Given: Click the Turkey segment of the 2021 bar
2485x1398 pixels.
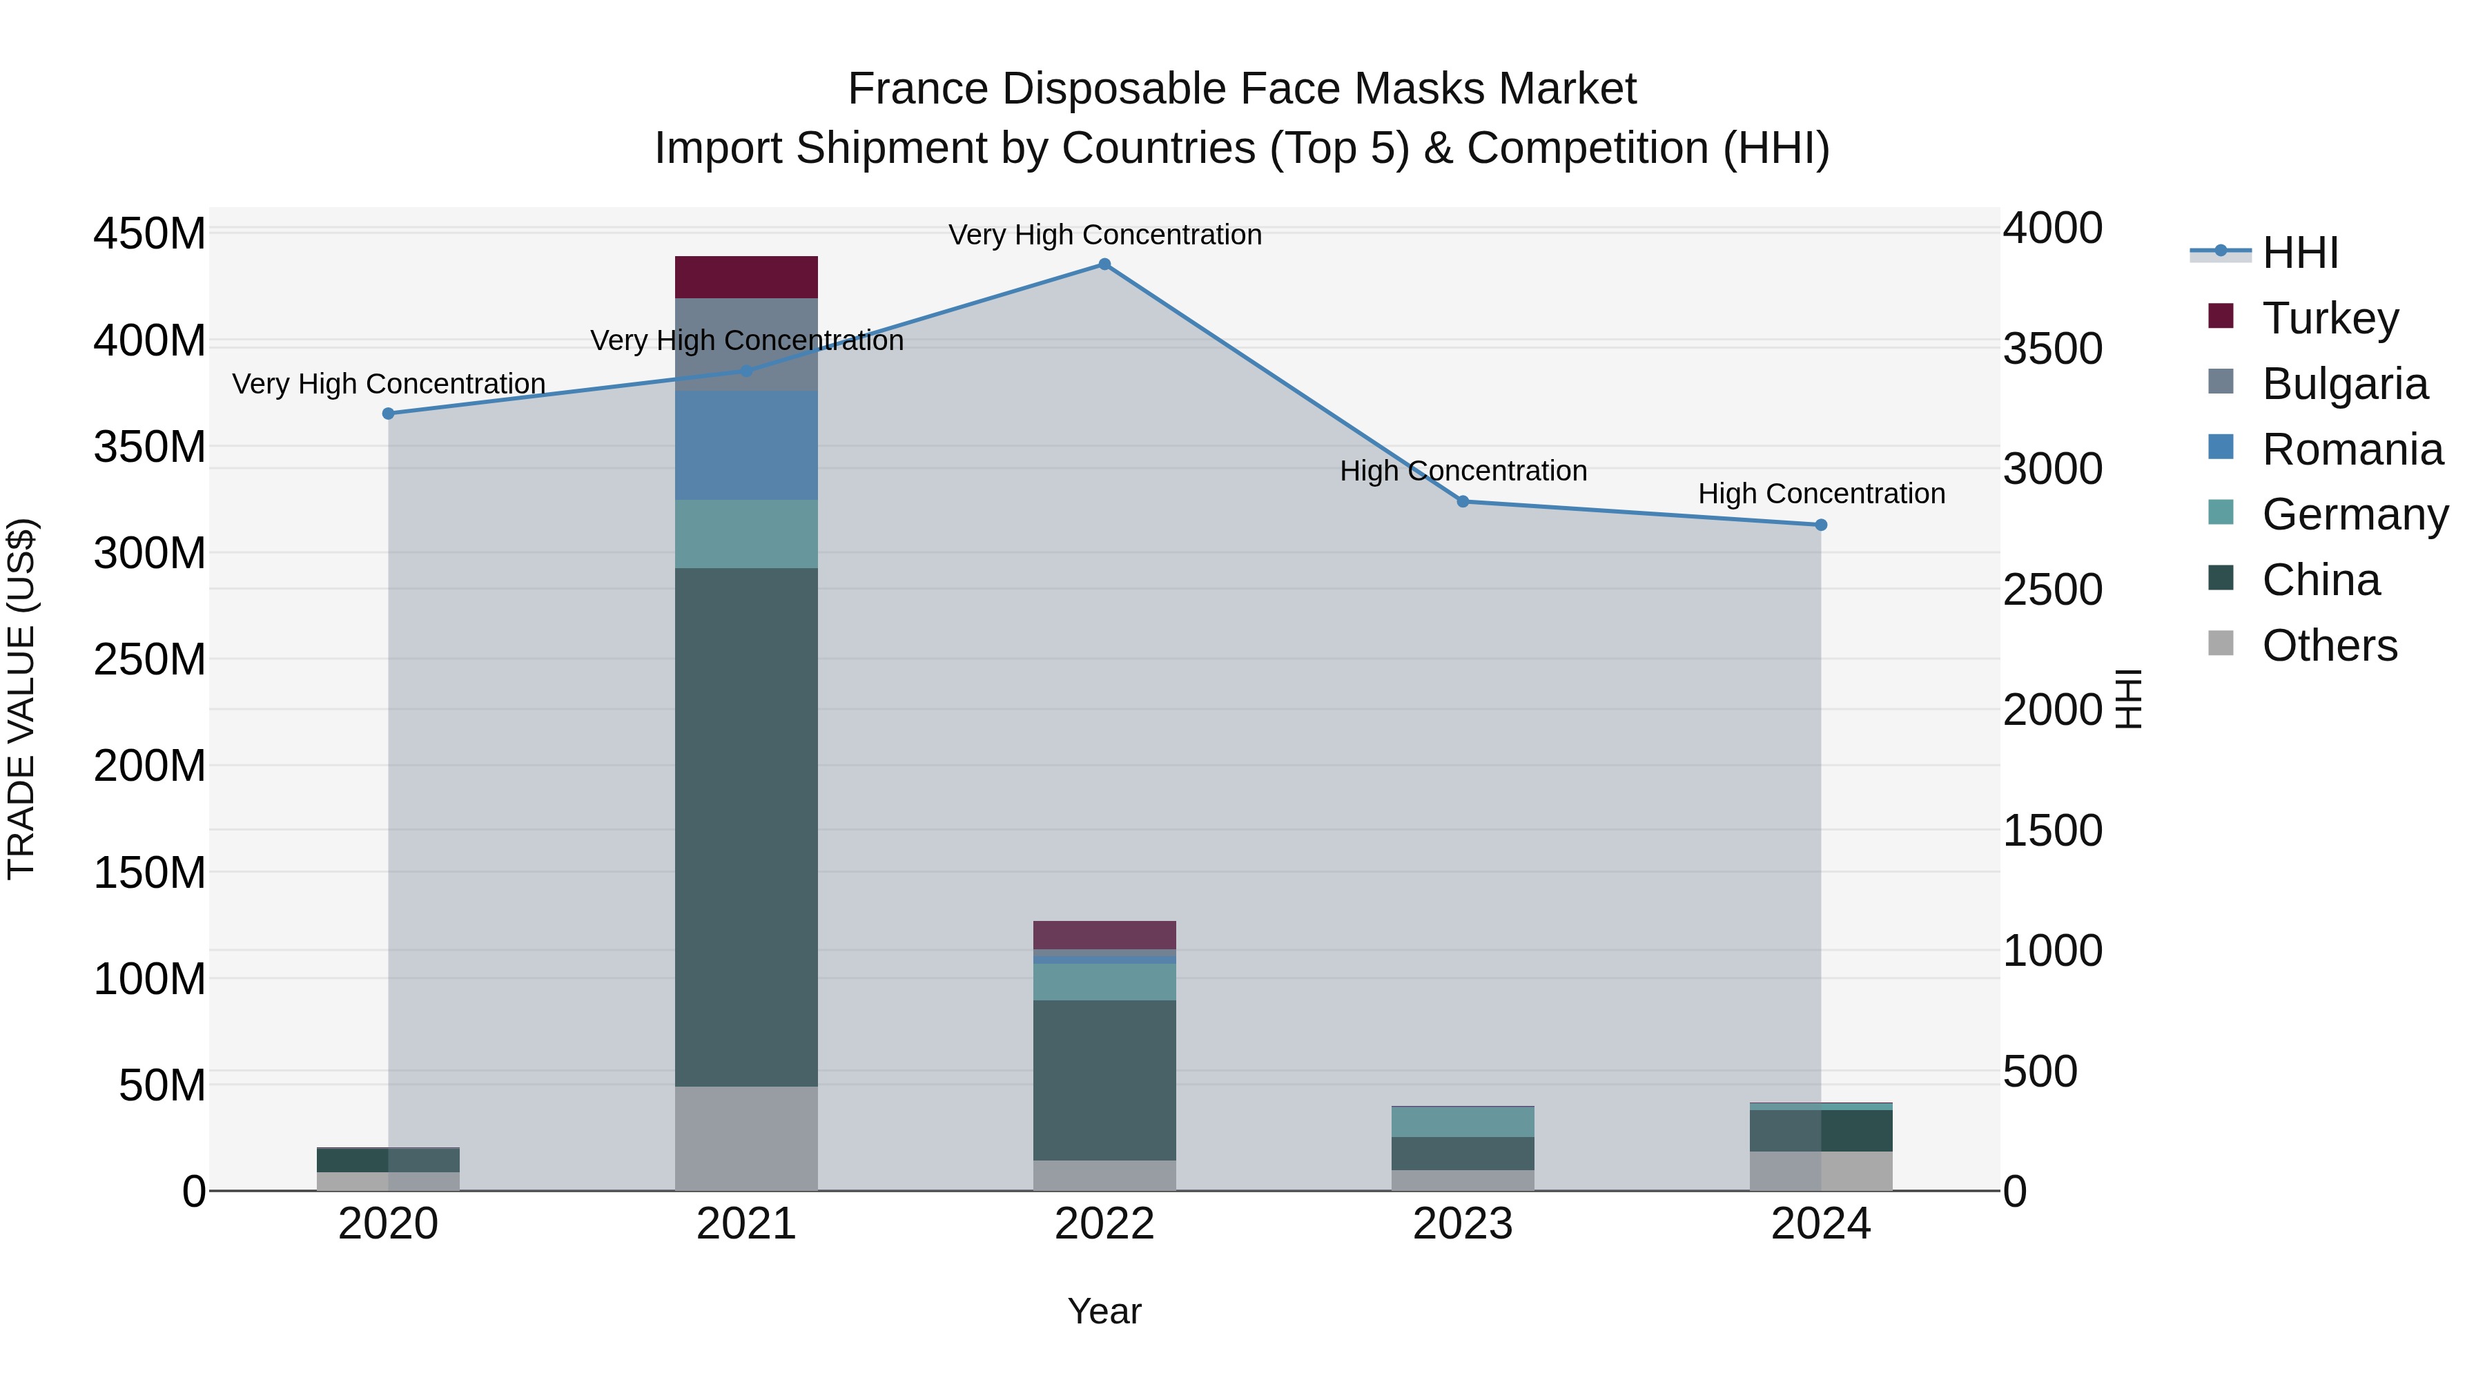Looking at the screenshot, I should point(745,277).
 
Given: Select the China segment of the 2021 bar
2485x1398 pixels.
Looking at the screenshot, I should point(745,827).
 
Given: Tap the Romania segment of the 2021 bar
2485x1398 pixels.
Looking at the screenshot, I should point(745,445).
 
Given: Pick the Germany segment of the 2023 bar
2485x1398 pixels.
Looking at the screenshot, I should point(1463,1122).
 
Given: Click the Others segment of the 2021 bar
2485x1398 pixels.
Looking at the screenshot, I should point(745,1138).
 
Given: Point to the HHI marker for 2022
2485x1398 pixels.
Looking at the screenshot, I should point(1104,264).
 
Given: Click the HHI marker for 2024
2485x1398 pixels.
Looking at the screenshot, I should point(1820,525).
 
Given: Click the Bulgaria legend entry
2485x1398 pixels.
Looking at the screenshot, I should point(2344,384).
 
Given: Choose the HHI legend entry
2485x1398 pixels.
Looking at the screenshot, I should point(2300,253).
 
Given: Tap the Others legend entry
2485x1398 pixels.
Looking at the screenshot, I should point(2329,645).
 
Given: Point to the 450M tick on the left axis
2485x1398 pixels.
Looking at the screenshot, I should point(150,235).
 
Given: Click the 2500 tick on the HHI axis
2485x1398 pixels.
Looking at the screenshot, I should point(2052,590).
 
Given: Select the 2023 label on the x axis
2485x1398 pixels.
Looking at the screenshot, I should point(1463,1224).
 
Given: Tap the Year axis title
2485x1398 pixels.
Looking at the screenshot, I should point(1104,1311).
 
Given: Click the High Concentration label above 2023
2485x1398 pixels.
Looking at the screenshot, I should point(1463,471).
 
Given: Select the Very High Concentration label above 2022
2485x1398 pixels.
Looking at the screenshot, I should point(1104,235).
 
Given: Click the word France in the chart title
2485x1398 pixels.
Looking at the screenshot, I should point(917,89).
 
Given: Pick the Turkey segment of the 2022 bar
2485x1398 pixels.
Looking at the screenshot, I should point(1104,935).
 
